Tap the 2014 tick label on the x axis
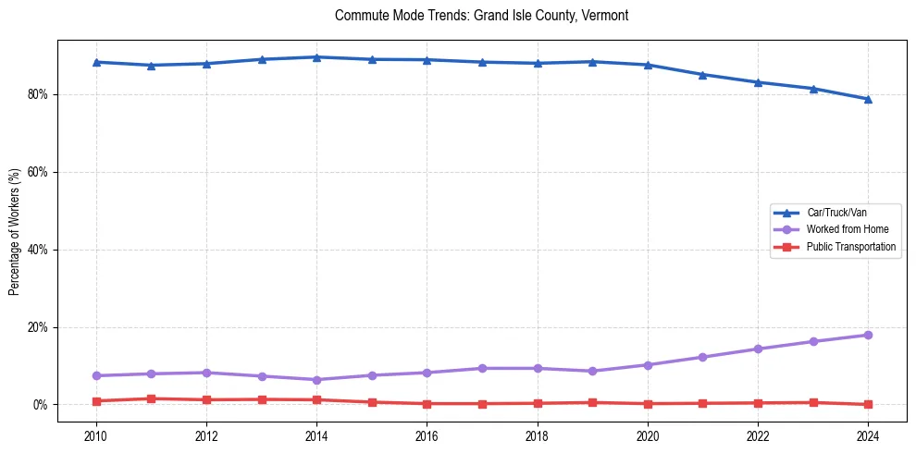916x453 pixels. click(x=316, y=435)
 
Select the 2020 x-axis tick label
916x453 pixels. click(x=648, y=435)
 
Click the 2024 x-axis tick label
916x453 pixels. click(x=868, y=435)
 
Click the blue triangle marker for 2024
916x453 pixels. click(x=868, y=99)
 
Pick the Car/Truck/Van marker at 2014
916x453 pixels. click(x=316, y=57)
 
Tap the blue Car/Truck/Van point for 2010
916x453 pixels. click(x=96, y=62)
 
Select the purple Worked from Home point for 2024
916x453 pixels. click(x=868, y=335)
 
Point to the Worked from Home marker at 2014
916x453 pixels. click(x=316, y=380)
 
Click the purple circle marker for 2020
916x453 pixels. click(x=648, y=365)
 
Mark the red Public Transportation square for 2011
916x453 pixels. click(x=151, y=398)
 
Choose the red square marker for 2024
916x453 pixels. click(x=868, y=404)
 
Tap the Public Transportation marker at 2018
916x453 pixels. click(x=538, y=403)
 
